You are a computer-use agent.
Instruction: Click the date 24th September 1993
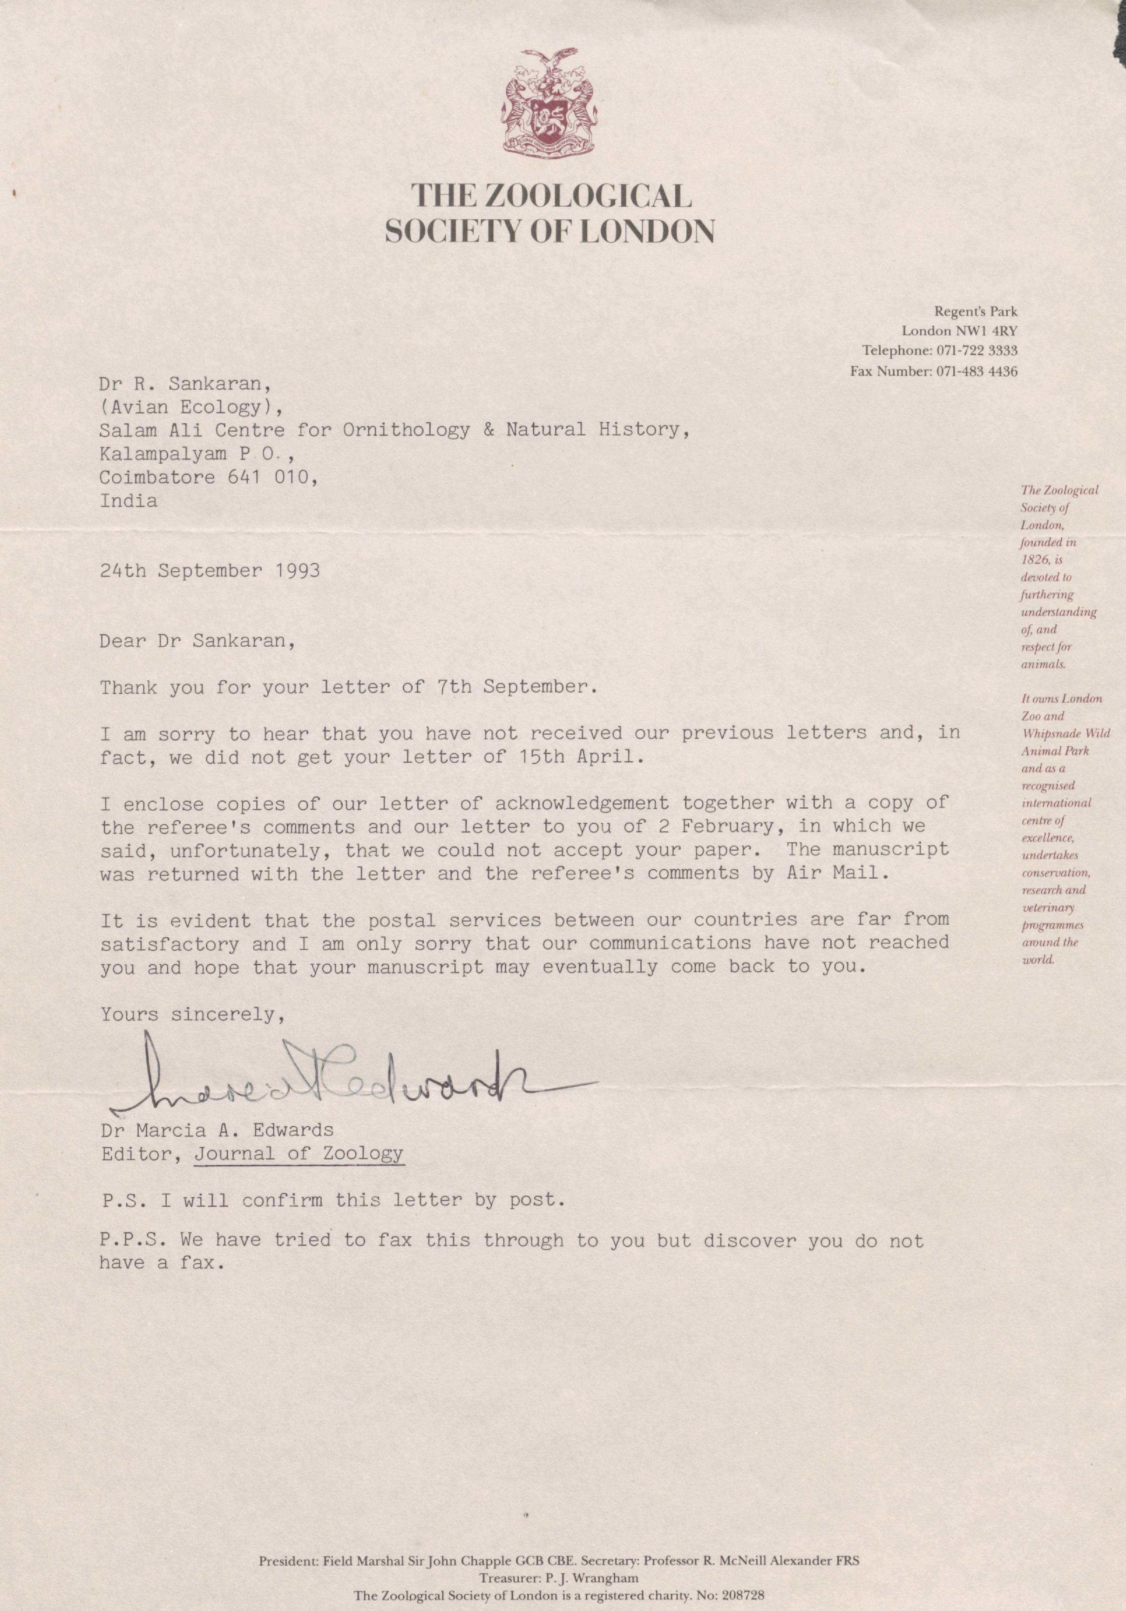(210, 570)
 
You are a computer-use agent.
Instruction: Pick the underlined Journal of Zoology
(299, 1153)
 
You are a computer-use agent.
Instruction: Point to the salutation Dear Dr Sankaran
(197, 641)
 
